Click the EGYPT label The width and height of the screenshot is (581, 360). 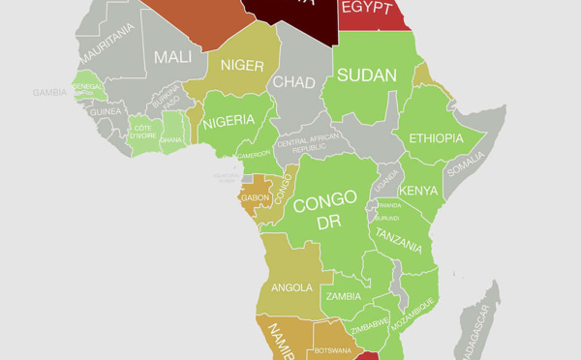[x=367, y=9]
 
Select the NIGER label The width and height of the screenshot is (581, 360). [x=242, y=65]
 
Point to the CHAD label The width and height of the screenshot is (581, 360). [x=294, y=82]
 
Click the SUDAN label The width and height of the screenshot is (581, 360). [x=367, y=75]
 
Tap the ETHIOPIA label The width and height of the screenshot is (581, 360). [x=436, y=138]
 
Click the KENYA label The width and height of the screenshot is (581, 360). [x=418, y=190]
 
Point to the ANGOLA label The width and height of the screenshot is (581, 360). [x=291, y=287]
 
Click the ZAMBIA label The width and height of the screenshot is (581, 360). [x=344, y=296]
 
